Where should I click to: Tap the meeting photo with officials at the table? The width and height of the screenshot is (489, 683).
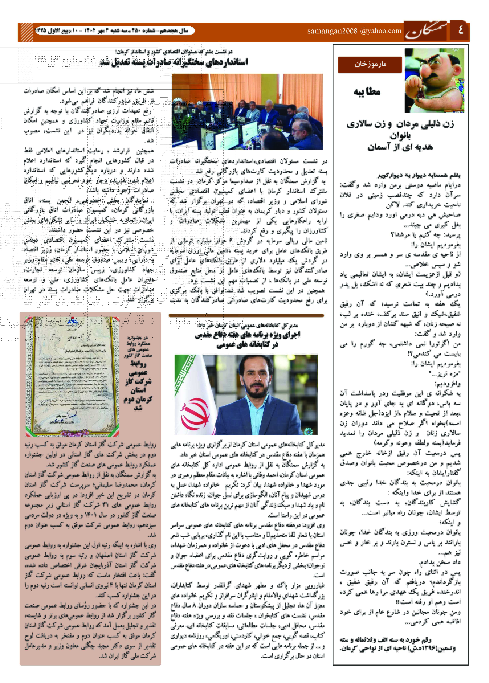click(247, 111)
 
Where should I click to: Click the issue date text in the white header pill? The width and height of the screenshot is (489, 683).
click(114, 31)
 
